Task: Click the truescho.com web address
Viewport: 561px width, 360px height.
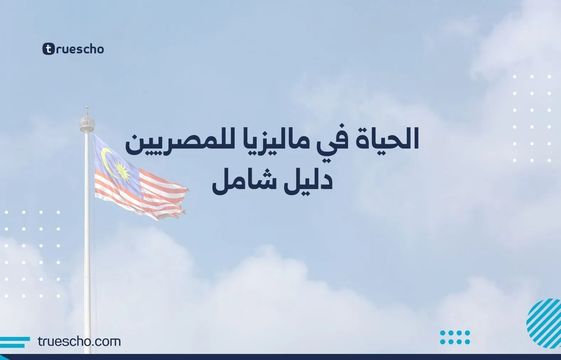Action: click(79, 342)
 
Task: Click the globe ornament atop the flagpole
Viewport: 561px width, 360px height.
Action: click(87, 123)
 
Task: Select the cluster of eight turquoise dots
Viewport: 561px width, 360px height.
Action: click(455, 337)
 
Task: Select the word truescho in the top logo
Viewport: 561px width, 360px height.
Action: click(80, 49)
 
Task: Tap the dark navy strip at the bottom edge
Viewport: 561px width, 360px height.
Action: click(280, 357)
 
